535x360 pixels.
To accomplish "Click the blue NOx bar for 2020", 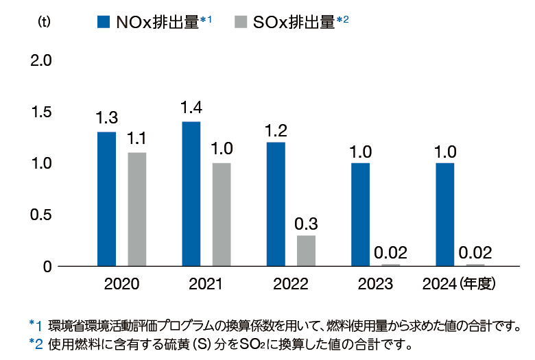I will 106,199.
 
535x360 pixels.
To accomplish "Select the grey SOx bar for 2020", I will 137,209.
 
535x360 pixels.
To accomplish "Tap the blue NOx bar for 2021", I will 191,193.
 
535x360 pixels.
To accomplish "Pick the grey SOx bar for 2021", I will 222,214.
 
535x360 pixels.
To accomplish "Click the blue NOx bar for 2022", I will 276,204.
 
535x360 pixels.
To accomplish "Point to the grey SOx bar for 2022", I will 306,250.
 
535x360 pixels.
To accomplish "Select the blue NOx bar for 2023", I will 361,214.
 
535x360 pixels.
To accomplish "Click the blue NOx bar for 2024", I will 445,214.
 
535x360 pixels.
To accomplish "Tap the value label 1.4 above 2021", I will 191,107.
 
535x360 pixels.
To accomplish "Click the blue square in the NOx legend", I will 104,22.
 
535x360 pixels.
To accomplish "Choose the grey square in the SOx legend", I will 239,22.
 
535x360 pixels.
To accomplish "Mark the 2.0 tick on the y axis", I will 42,60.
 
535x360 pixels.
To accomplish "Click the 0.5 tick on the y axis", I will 42,215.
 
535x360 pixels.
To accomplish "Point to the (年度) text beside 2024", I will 477,284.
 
